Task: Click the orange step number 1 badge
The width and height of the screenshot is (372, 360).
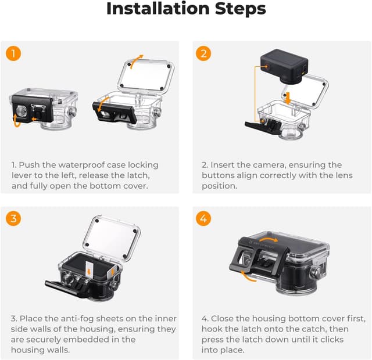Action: coord(13,53)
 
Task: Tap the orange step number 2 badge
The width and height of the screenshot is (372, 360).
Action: coord(203,53)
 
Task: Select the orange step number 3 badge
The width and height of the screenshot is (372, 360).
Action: coord(13,218)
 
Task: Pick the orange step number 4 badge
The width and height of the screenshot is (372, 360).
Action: coord(203,218)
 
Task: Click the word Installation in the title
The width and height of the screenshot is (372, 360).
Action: coord(158,9)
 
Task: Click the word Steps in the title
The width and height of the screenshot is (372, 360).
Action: coord(240,9)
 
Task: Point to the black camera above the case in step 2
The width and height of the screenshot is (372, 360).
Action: coord(284,66)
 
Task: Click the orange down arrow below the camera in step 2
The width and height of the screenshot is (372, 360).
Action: coord(288,98)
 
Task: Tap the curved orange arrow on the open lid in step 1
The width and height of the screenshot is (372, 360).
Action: coord(136,60)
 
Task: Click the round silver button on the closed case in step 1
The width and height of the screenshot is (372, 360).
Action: coord(21,111)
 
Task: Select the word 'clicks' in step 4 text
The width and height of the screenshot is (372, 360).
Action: coord(332,340)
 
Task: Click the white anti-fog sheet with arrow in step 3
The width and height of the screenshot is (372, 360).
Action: coord(89,270)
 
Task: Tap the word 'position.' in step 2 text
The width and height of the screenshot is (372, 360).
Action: coord(220,186)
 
